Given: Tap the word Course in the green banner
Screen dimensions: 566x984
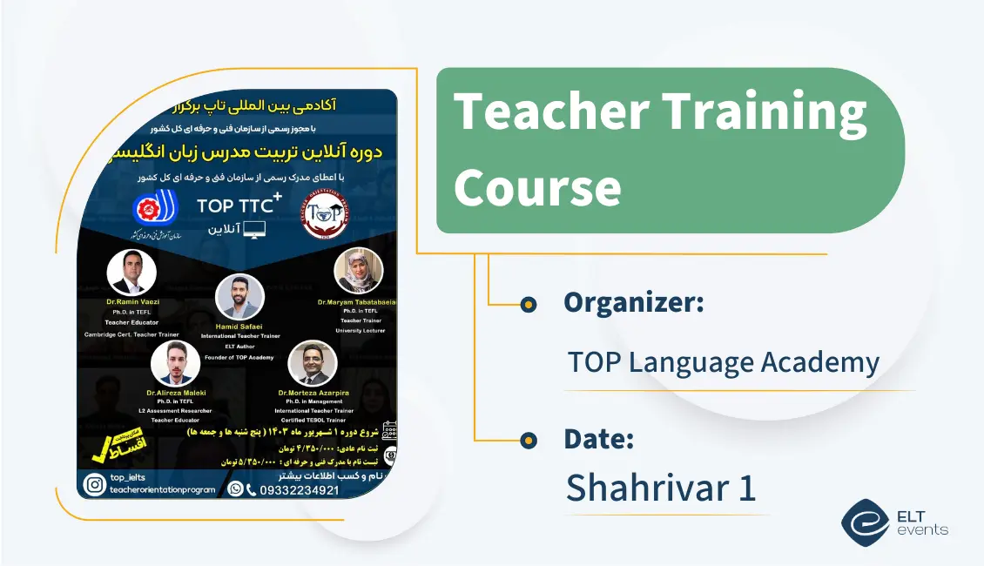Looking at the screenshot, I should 537,186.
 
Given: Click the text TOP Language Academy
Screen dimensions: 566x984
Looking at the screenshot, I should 723,361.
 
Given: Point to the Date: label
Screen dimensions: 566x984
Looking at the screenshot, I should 598,439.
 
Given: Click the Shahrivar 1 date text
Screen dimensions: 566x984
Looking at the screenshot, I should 660,488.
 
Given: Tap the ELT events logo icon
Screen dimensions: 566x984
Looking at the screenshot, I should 865,522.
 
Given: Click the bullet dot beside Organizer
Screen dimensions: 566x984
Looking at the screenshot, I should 528,304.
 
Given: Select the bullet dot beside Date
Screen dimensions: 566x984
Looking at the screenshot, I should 528,441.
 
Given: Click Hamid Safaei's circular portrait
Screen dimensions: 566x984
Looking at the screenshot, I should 239,298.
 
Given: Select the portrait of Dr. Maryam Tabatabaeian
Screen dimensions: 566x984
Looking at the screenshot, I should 358,272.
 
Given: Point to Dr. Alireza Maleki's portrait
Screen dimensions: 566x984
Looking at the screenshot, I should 175,363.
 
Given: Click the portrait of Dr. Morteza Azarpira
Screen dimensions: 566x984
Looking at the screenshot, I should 312,363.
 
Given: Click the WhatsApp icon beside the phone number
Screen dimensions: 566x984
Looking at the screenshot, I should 234,489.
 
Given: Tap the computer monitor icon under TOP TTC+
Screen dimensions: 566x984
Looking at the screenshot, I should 254,231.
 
